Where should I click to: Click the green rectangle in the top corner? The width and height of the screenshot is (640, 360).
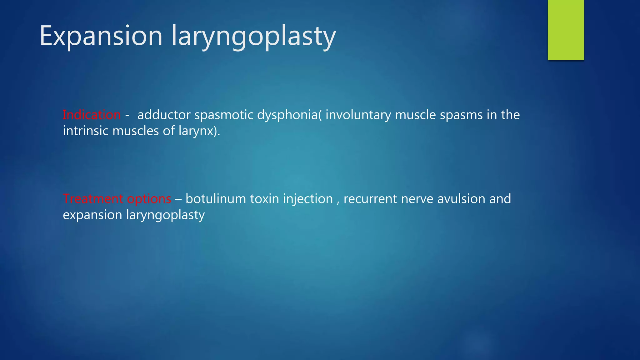[566, 30]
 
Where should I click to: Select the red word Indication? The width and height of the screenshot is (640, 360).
[92, 115]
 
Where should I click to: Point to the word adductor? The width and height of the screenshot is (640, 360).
[164, 115]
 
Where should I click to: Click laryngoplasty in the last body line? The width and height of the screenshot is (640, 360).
[165, 215]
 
